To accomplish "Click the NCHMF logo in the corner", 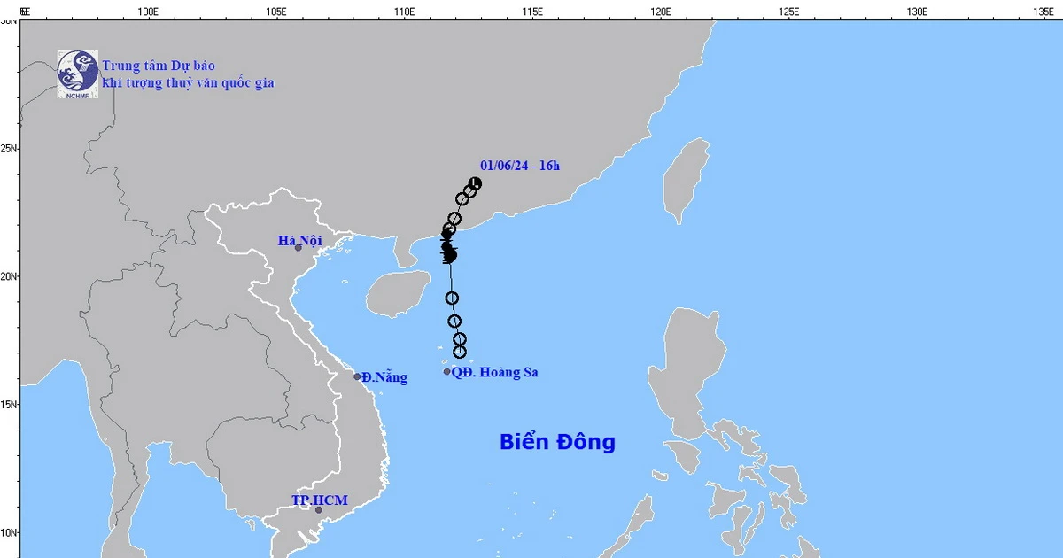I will (77, 74).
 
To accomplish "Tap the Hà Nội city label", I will (299, 240).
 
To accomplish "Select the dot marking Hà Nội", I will (299, 247).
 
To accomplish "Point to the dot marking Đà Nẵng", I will (358, 376).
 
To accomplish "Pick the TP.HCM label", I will (319, 500).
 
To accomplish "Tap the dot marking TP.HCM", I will (319, 509).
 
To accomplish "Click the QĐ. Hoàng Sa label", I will (494, 373).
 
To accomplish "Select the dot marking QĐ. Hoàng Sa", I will (447, 372).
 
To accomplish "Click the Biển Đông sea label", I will (557, 442).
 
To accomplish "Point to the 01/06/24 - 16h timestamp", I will (520, 165).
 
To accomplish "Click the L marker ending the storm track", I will (476, 183).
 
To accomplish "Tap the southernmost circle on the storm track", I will (460, 353).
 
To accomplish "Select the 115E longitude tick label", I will (532, 12).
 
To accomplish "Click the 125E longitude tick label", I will (788, 12).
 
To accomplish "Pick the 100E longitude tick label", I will (148, 12).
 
